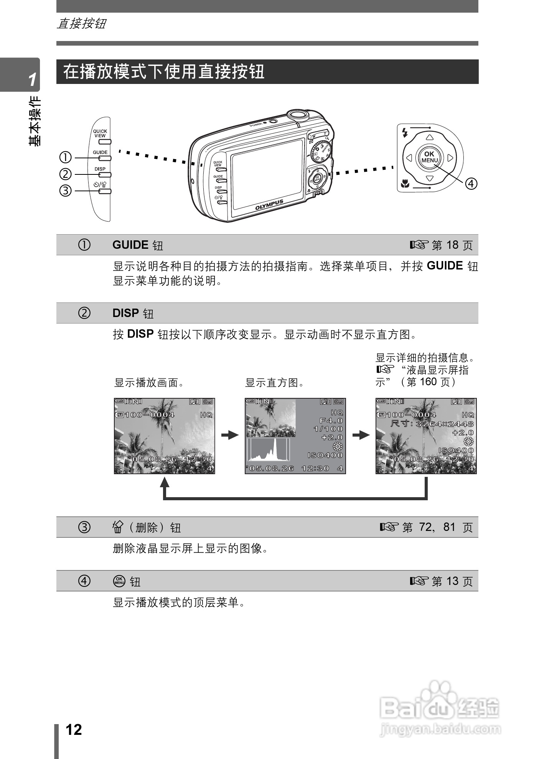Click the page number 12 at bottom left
click(74, 729)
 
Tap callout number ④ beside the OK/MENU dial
click(471, 184)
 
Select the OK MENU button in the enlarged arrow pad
click(429, 157)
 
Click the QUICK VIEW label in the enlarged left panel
click(100, 133)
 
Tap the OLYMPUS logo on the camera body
click(269, 205)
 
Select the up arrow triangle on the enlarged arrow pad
click(430, 137)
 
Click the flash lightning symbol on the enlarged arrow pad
click(404, 133)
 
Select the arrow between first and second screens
click(230, 435)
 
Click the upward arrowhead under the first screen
click(165, 482)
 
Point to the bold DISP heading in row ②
click(125, 313)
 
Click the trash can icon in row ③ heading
click(117, 527)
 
